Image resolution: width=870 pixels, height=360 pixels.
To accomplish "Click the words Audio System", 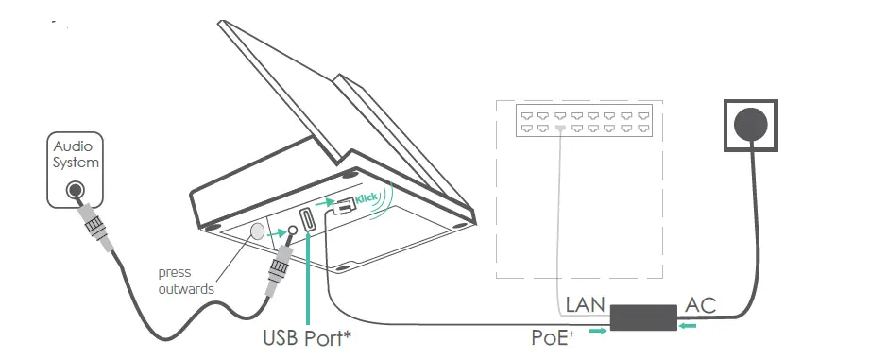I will pos(77,154).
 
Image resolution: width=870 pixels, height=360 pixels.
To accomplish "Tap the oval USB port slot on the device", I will pos(307,221).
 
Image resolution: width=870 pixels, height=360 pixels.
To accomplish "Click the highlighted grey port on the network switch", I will pos(560,127).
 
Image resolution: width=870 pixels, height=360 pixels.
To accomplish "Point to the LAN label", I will pos(585,305).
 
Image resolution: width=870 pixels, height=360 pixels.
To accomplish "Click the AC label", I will pos(700,304).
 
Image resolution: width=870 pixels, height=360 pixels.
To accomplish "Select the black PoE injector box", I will pos(642,318).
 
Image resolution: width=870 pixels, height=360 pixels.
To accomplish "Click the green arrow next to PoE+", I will pos(597,331).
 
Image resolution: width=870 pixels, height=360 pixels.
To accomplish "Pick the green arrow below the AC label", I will pos(691,327).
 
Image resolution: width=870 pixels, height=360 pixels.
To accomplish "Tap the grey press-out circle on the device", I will pos(255,231).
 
